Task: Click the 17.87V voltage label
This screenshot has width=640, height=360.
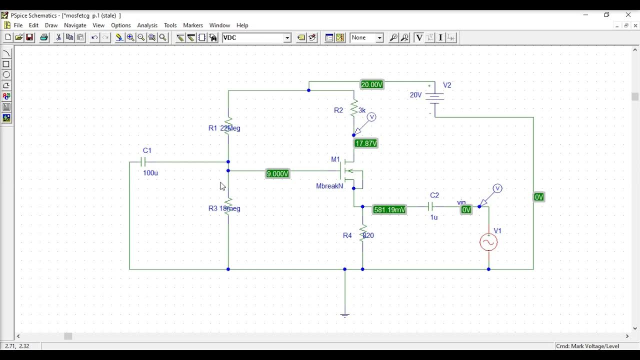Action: (x=366, y=143)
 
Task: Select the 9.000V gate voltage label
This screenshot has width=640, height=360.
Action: (x=277, y=173)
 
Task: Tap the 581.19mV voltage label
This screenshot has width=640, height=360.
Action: (x=389, y=209)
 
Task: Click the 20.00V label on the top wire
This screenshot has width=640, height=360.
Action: (x=372, y=84)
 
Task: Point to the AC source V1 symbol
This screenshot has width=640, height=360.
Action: (x=488, y=242)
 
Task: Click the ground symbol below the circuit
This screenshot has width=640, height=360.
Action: (x=344, y=314)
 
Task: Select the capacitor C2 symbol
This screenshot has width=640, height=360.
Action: (x=431, y=206)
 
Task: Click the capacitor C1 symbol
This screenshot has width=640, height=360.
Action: (x=143, y=161)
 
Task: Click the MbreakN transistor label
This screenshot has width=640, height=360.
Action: (x=329, y=186)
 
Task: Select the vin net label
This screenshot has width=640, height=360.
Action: (x=461, y=202)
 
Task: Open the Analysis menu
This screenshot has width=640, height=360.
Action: (x=147, y=25)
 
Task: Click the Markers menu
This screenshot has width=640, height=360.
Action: (x=193, y=25)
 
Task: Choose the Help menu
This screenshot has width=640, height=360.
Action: (x=242, y=25)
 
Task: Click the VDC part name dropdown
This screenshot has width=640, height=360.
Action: (x=256, y=37)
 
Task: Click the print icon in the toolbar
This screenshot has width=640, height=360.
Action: (x=44, y=37)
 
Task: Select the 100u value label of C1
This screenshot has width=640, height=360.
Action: (x=150, y=173)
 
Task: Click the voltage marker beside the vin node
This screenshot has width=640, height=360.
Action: (x=497, y=189)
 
